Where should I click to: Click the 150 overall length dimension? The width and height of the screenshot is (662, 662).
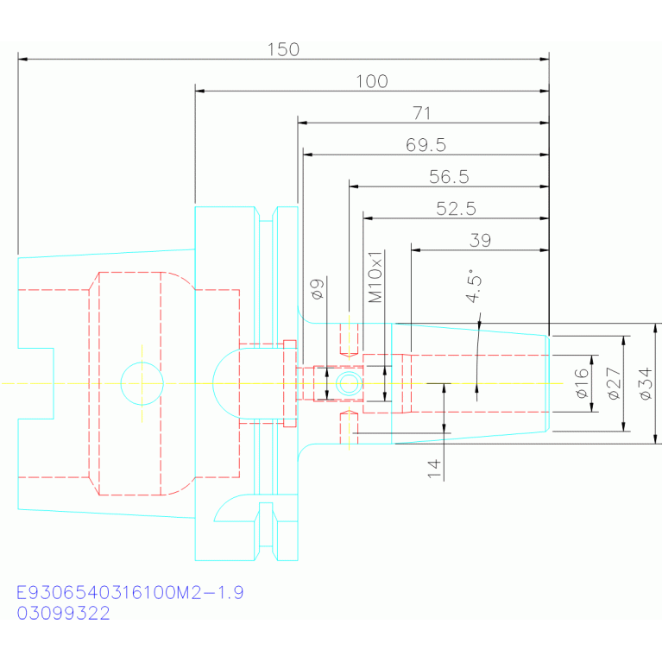coord(283,50)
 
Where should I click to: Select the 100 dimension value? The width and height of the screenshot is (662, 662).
coord(371,81)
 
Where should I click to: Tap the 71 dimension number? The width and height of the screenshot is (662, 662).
coord(422,113)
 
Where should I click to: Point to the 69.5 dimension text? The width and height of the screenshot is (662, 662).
coord(426,145)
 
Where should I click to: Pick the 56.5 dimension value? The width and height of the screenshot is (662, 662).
coord(449,176)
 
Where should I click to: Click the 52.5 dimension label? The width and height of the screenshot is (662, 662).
coord(456,209)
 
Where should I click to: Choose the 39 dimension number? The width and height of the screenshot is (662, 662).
coord(480,240)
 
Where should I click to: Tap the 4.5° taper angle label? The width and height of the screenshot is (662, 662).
coord(474,286)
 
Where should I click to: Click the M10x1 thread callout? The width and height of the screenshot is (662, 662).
coord(375,277)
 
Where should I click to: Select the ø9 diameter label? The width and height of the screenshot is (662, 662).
coord(318,289)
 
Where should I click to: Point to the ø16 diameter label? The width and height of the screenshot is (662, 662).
coord(582,383)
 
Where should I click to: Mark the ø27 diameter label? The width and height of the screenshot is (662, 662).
coord(614,383)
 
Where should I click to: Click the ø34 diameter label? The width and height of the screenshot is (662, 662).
coord(646,383)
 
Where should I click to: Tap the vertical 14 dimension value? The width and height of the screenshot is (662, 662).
coord(434,469)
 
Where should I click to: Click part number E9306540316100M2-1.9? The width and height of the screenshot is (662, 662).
coord(130,592)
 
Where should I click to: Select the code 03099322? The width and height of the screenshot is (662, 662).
coord(63,613)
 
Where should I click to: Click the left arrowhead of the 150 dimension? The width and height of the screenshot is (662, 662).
coord(22,59)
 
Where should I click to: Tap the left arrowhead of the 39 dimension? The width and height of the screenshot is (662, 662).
coord(416,250)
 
